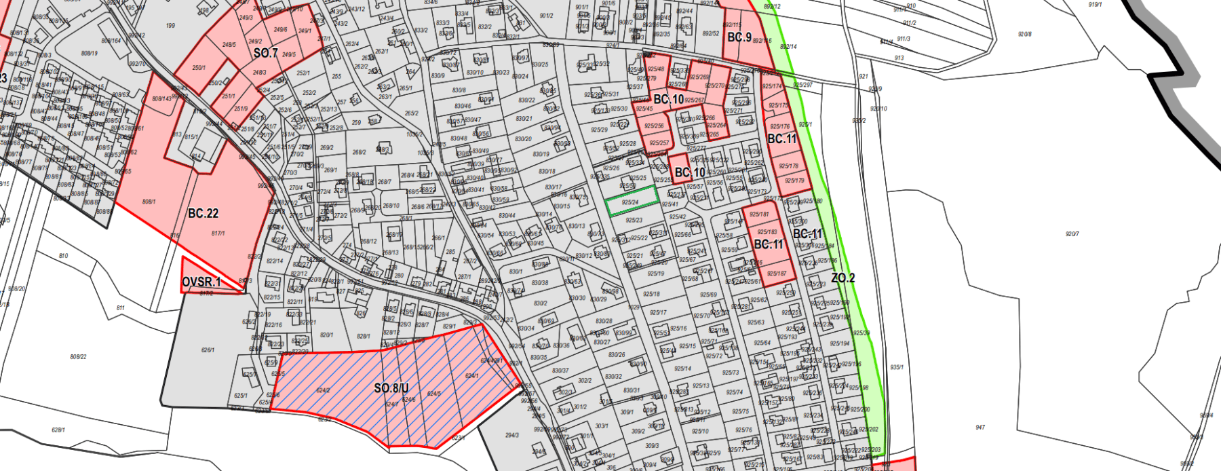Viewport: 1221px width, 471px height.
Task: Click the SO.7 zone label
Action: [x=266, y=53]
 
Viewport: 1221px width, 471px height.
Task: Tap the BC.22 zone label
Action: [x=203, y=213]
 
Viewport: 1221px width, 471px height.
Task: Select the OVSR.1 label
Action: [x=201, y=282]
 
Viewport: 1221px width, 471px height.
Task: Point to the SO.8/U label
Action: [x=391, y=388]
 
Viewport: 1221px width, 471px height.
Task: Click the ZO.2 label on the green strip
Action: [x=843, y=278]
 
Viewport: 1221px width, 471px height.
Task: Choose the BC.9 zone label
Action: [x=739, y=37]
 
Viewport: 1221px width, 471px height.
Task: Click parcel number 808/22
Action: [x=78, y=356]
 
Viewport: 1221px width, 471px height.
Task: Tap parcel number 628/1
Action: [x=58, y=430]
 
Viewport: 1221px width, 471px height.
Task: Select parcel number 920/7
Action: [x=1072, y=234]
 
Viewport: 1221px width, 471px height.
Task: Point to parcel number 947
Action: [x=980, y=428]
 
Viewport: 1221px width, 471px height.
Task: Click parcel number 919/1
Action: [x=1095, y=5]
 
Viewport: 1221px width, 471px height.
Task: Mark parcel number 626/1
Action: [x=208, y=350]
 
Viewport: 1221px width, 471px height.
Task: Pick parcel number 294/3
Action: [x=511, y=435]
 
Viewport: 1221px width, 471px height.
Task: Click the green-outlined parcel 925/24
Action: [x=631, y=202]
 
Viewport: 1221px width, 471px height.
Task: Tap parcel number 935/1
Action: [x=897, y=367]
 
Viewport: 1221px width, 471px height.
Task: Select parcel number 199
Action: [x=170, y=26]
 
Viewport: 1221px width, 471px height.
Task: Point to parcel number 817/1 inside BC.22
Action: [x=218, y=233]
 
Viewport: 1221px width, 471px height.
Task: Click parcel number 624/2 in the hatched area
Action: [x=323, y=390]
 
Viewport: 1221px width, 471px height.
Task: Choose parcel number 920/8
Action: [x=1024, y=34]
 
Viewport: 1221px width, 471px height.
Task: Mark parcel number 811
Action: [x=120, y=307]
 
